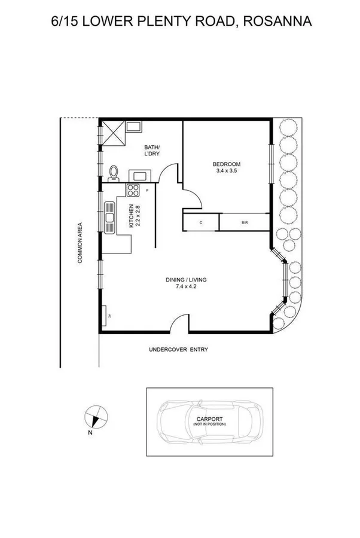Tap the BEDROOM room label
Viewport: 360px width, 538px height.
tap(227, 164)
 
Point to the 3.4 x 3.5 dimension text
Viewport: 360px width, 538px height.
tap(227, 172)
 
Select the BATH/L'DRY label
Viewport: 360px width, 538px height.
tap(152, 150)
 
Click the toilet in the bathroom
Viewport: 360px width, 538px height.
tap(114, 174)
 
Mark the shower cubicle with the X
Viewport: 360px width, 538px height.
tap(114, 132)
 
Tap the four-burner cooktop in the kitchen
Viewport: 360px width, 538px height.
tap(132, 190)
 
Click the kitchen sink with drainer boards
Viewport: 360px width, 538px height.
tap(109, 218)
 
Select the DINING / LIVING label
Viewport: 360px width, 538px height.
tap(190, 279)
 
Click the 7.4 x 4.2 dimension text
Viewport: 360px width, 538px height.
tap(190, 286)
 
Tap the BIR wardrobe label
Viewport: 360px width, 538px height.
tap(245, 222)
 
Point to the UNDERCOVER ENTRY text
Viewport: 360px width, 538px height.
tap(178, 350)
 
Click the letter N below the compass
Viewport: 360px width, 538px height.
tap(90, 432)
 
